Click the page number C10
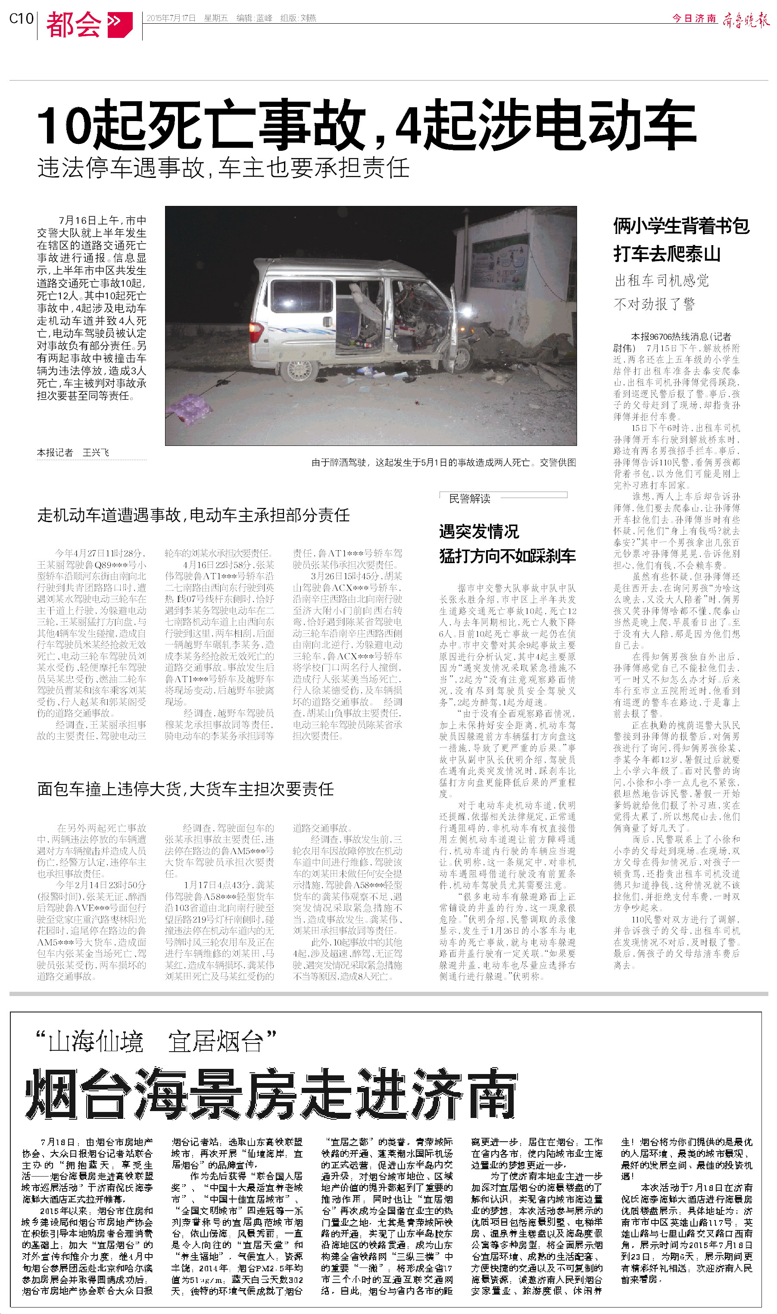21,19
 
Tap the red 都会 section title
74,24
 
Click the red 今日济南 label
694,19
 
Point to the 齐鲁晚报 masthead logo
746,20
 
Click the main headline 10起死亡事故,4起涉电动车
366,126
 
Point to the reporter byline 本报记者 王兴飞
73,453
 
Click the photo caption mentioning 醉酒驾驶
443,463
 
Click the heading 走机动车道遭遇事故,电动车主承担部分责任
193,515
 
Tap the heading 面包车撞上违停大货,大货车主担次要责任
185,789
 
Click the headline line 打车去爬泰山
667,254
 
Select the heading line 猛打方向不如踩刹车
507,556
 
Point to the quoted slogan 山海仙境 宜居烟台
156,1041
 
